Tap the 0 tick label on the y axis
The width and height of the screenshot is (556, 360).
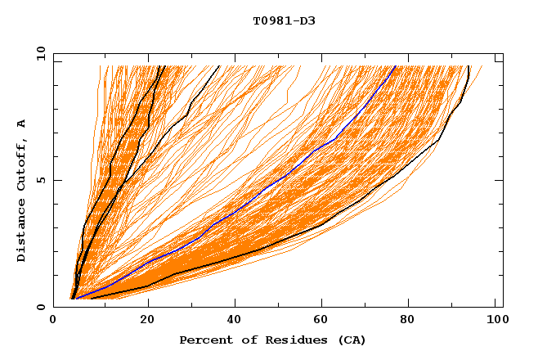click(x=40, y=307)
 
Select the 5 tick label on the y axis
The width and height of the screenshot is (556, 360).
click(x=40, y=180)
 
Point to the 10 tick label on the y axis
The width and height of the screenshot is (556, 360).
click(x=38, y=53)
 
